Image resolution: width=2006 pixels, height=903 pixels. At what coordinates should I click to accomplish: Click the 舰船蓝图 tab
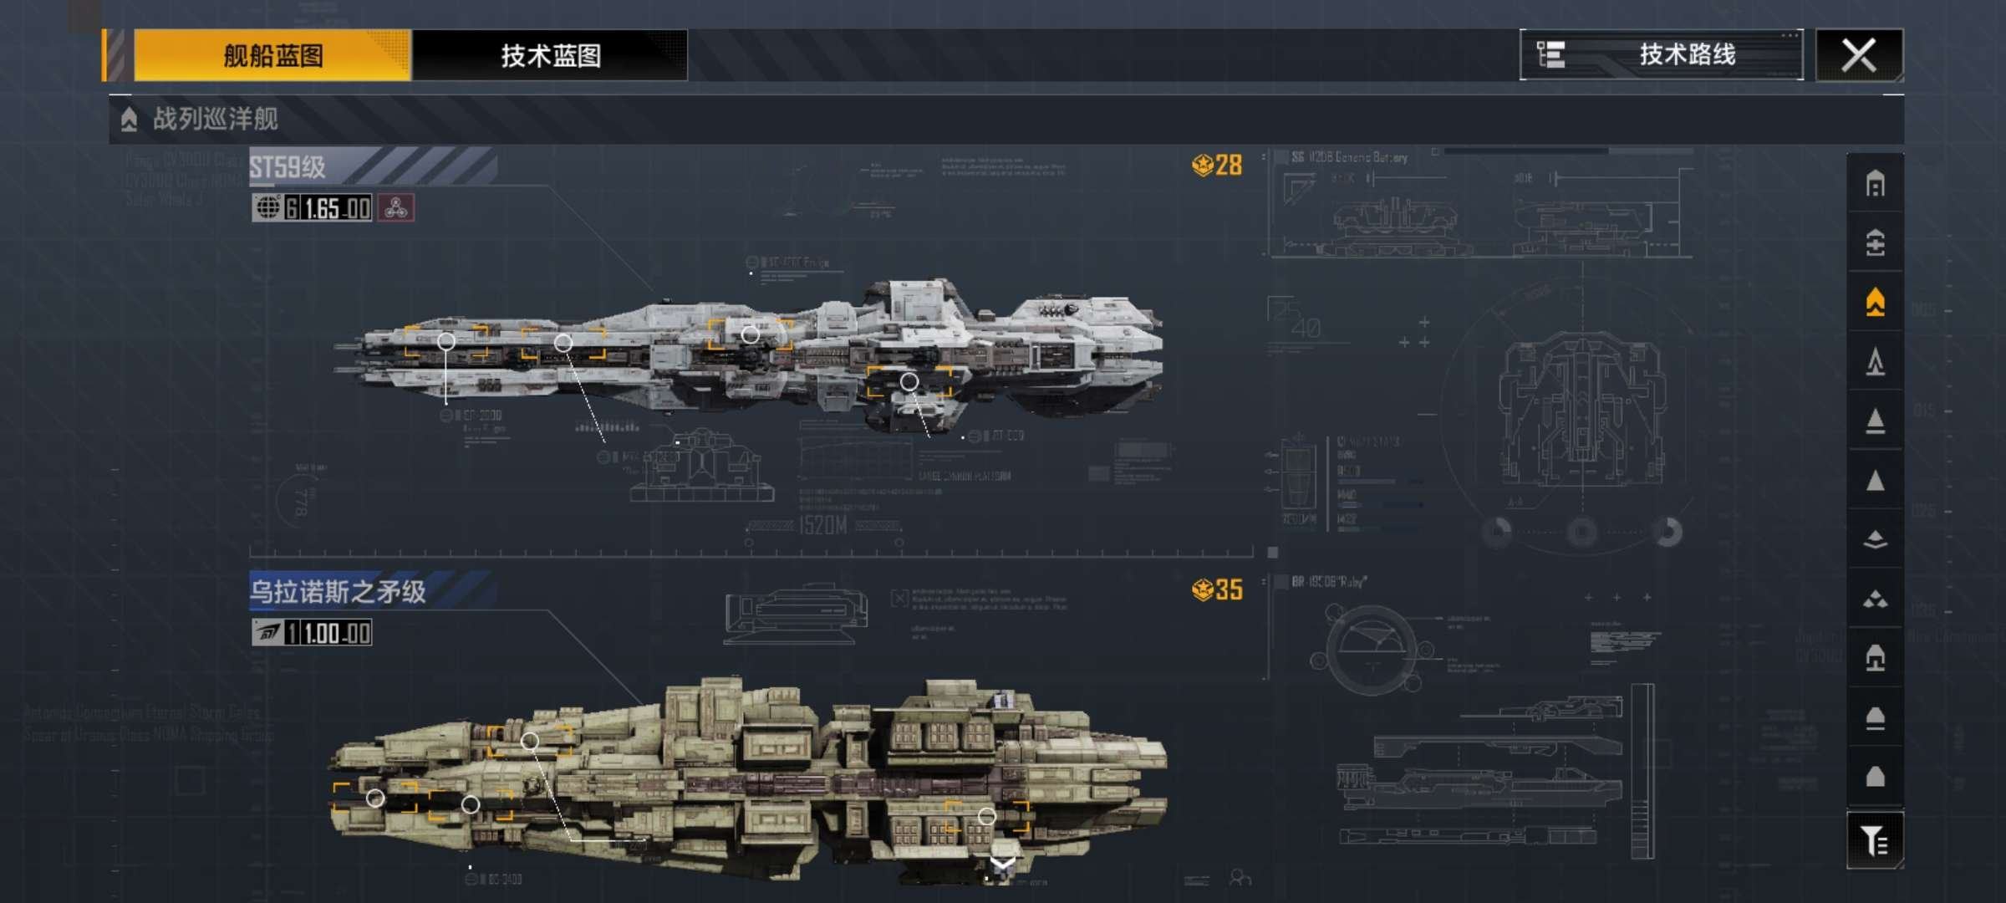[272, 56]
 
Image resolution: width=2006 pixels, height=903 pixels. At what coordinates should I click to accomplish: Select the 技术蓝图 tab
[550, 56]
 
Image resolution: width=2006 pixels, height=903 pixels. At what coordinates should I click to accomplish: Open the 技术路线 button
[1661, 55]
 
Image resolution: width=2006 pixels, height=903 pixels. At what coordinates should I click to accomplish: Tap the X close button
[1859, 56]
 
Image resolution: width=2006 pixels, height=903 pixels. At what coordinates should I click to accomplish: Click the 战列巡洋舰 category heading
[215, 119]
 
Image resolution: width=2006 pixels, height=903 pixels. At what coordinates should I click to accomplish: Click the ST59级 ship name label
[288, 167]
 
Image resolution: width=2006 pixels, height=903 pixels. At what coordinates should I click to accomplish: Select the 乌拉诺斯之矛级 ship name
[339, 592]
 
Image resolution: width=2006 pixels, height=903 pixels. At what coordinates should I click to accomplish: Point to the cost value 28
[1227, 166]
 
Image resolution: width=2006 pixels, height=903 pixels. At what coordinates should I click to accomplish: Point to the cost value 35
[1227, 590]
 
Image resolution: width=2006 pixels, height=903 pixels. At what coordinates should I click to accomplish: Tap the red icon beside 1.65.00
[396, 208]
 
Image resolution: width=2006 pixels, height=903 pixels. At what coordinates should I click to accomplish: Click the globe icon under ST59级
[267, 207]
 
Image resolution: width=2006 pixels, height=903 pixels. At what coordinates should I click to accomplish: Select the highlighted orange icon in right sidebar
[1875, 302]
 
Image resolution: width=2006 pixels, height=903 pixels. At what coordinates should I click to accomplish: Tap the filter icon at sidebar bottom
[1875, 840]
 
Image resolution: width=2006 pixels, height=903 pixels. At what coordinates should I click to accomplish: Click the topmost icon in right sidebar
[1875, 183]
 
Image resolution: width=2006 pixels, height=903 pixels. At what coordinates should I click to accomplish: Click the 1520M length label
[822, 526]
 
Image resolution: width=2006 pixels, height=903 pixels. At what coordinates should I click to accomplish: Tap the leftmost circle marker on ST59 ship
[446, 341]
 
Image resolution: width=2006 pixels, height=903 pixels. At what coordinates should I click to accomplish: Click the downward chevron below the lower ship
[1002, 863]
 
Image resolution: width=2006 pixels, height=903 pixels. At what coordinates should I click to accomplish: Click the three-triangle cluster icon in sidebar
[1875, 599]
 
